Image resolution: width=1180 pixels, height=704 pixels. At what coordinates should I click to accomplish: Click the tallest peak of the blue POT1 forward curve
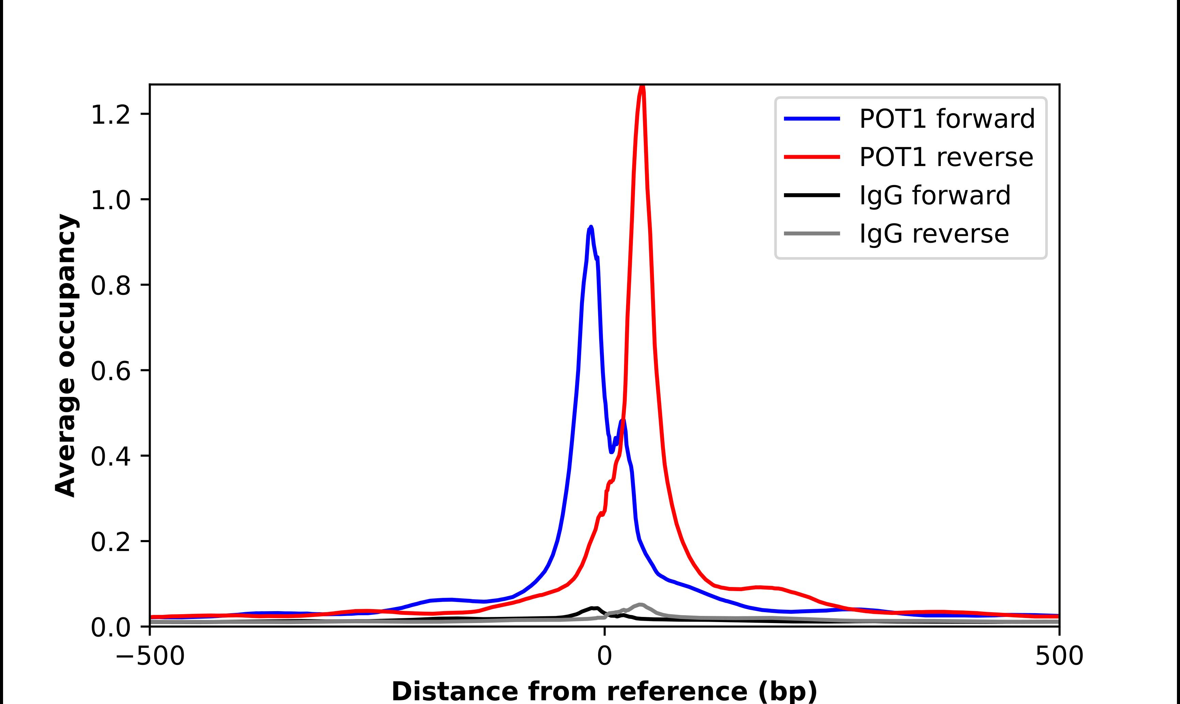591,228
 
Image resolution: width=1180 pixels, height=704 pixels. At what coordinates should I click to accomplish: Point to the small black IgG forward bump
593,608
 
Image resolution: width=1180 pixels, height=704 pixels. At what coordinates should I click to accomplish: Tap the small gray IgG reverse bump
641,605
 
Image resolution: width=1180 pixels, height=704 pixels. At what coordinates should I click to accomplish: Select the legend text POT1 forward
947,119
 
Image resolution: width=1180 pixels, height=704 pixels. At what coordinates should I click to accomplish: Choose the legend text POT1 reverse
946,157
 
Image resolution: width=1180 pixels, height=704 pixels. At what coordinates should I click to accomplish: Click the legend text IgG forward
935,196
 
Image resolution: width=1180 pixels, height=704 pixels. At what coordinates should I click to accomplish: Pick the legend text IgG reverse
934,234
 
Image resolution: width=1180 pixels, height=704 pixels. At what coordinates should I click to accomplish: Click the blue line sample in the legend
812,119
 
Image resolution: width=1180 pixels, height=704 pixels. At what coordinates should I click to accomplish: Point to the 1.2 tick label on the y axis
110,115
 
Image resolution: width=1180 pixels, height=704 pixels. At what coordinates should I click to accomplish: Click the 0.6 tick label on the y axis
110,371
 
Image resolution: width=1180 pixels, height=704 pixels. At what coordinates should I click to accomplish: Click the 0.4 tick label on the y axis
110,456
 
